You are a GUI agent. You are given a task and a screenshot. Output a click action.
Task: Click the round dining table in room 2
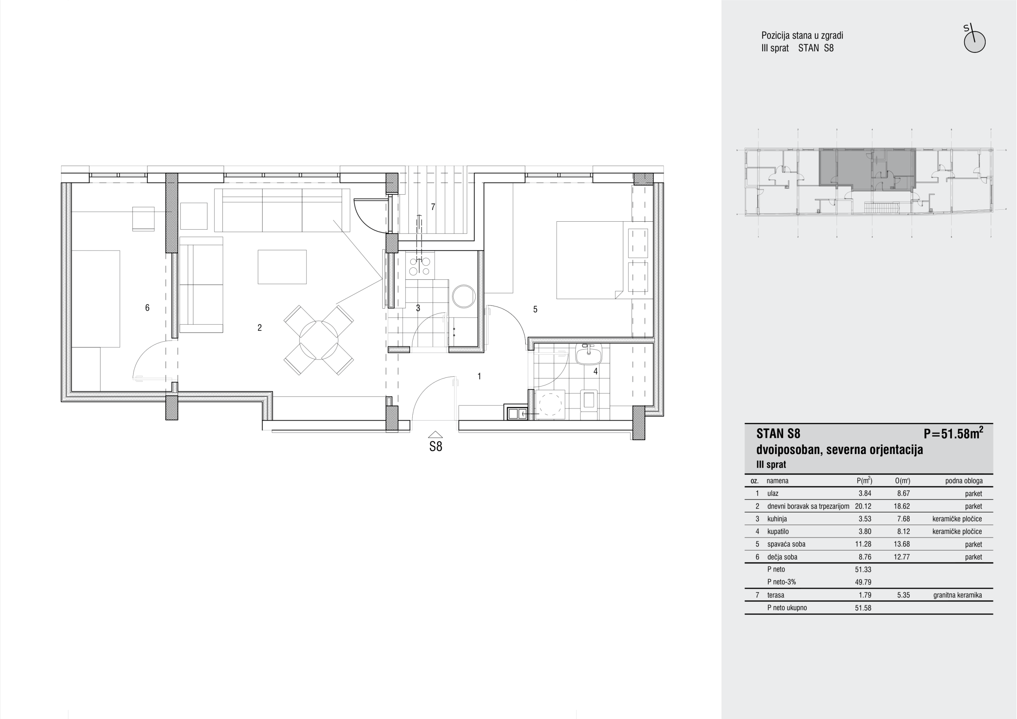319,340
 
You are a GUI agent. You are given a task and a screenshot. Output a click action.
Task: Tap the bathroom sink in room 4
588,354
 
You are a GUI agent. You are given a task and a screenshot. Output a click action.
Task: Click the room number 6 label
147,307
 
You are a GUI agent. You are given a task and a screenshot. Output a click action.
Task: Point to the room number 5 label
535,309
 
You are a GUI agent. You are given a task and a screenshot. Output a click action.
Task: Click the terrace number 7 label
433,207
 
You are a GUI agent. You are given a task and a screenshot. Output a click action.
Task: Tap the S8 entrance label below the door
435,446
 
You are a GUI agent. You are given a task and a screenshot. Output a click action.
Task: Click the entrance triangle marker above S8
435,435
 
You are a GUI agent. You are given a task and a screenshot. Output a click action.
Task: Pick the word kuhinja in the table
777,519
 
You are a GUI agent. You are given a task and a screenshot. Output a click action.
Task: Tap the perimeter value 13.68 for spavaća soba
902,544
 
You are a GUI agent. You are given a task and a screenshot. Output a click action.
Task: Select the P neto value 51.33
863,570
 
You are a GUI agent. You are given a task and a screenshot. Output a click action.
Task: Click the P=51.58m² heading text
953,433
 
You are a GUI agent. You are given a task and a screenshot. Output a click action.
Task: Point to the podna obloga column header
964,481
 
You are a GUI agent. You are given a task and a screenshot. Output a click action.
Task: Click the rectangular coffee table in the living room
282,267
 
